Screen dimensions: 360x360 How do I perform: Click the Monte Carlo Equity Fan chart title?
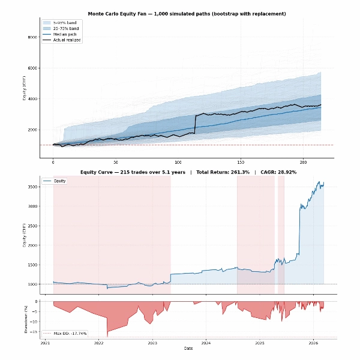click(x=187, y=13)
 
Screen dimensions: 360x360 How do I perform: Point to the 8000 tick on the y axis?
click(x=32, y=37)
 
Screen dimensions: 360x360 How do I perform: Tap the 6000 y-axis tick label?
click(x=32, y=68)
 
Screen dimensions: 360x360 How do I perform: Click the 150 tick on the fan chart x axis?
click(x=241, y=163)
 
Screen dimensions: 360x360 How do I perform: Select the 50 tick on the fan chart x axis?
click(x=115, y=163)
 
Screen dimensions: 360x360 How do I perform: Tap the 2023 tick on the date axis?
click(x=152, y=343)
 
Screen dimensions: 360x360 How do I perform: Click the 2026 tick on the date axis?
click(x=313, y=343)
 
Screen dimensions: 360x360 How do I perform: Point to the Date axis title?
click(x=188, y=349)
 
